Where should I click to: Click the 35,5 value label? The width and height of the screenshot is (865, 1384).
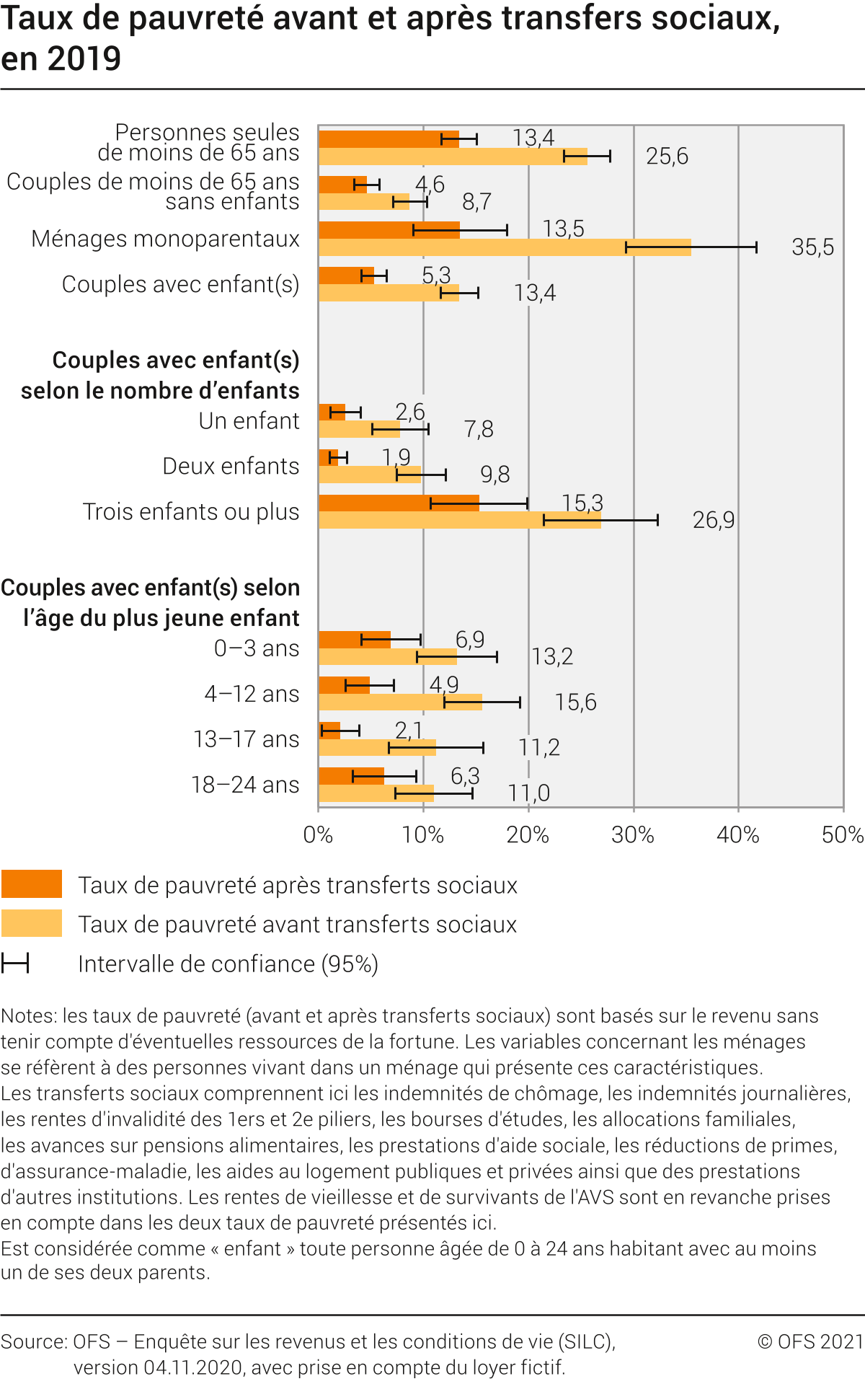tap(812, 247)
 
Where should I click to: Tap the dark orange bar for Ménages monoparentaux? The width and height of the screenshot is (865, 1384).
tap(389, 230)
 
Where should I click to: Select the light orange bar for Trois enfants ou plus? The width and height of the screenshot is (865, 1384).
tap(459, 521)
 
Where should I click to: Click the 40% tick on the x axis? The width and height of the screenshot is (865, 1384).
tap(737, 835)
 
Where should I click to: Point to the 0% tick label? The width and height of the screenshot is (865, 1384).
tap(318, 835)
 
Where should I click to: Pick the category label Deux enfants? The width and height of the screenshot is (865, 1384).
tap(231, 467)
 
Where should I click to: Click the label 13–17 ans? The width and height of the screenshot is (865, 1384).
tap(246, 739)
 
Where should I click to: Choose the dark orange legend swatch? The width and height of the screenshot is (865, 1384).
tap(32, 884)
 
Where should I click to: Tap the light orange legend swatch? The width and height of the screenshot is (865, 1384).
tap(32, 923)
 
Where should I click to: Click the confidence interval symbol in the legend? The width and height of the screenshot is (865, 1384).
tap(15, 964)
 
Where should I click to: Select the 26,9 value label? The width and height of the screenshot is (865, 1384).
tap(714, 520)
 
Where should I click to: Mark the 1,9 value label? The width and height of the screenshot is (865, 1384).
tap(396, 457)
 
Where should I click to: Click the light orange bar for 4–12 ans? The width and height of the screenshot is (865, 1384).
tap(400, 702)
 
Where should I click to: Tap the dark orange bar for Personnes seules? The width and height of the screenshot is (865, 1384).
tap(389, 139)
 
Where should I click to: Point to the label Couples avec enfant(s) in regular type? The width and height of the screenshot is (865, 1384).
tap(180, 285)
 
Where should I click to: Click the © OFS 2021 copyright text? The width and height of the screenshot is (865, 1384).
tap(810, 1341)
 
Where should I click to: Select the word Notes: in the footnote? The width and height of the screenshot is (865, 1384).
tap(30, 1016)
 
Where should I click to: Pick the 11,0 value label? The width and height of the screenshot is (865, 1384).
tap(528, 793)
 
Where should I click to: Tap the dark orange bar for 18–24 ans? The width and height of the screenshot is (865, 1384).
tap(351, 776)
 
